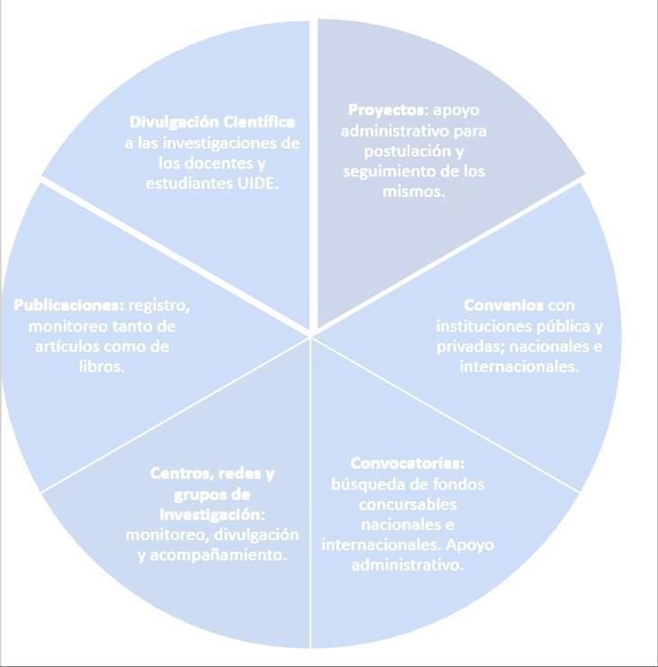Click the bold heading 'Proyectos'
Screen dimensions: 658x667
pyautogui.click(x=386, y=110)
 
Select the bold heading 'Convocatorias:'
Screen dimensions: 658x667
pyautogui.click(x=407, y=464)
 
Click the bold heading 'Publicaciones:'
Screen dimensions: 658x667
pyautogui.click(x=69, y=304)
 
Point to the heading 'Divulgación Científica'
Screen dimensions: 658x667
pyautogui.click(x=212, y=122)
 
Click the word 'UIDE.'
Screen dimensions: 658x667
pyautogui.click(x=257, y=183)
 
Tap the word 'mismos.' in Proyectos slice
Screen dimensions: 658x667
pyautogui.click(x=414, y=192)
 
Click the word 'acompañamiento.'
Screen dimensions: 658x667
pyautogui.click(x=225, y=554)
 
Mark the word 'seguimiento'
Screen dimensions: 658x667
pyautogui.click(x=385, y=171)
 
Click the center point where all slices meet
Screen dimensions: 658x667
pyautogui.click(x=311, y=336)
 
